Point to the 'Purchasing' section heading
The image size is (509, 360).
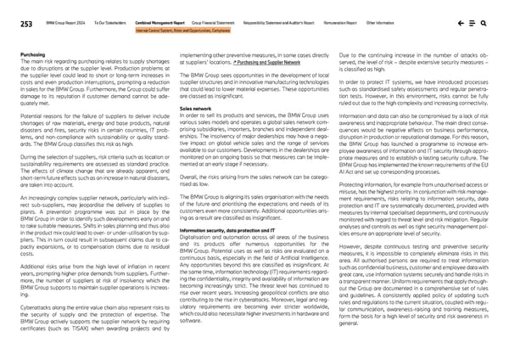(32, 53)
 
